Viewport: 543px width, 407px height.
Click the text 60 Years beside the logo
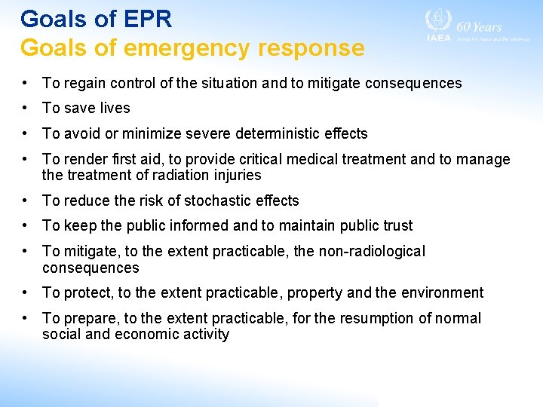coord(480,26)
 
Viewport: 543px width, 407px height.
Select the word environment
coord(446,293)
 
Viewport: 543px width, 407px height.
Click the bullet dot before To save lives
coord(26,109)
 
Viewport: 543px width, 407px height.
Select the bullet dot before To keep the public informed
coord(26,225)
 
